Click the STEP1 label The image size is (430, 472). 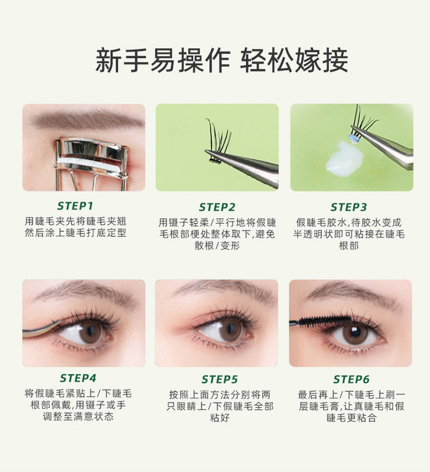83,206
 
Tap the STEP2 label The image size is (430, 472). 217,207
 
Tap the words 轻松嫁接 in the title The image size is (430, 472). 294,61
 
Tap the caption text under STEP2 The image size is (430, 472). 217,234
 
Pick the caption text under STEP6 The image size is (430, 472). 351,406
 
